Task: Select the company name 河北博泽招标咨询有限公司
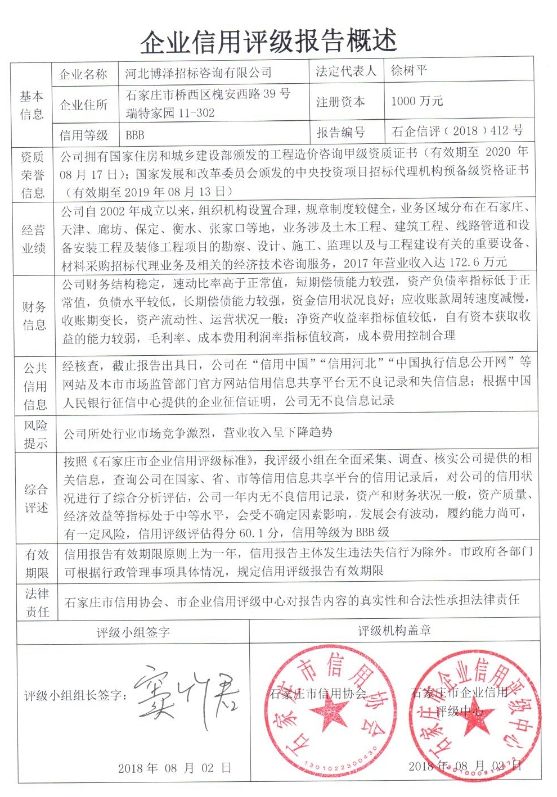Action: (x=198, y=73)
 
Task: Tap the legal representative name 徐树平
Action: (x=409, y=71)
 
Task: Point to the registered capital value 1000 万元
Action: (x=417, y=101)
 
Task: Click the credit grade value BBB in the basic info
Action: (x=135, y=135)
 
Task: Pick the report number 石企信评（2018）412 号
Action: (x=457, y=131)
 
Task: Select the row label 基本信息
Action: (x=32, y=105)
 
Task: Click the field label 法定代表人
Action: (x=345, y=71)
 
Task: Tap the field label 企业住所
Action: (x=83, y=105)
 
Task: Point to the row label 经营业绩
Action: (x=33, y=239)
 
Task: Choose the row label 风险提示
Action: (x=35, y=434)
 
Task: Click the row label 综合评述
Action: (x=36, y=498)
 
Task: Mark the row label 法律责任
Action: (x=37, y=603)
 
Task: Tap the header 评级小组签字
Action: (x=133, y=632)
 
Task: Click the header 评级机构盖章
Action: (x=394, y=631)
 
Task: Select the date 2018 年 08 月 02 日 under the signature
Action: (x=174, y=768)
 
